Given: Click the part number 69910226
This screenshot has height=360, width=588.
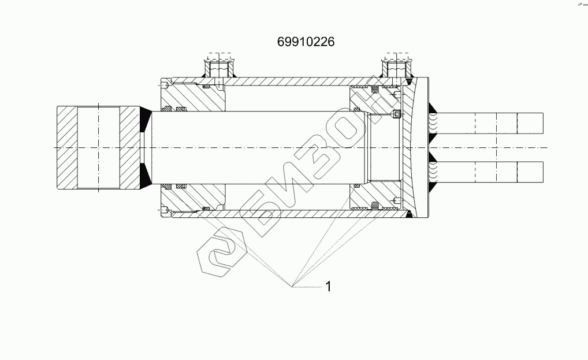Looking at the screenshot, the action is [306, 42].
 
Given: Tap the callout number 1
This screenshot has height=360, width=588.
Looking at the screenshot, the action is [328, 287].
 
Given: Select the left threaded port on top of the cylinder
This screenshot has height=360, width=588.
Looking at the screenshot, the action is [219, 68].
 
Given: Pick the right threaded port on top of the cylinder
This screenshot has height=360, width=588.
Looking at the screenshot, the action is [397, 68].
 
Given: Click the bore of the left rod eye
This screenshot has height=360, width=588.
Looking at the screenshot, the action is [99, 148].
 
